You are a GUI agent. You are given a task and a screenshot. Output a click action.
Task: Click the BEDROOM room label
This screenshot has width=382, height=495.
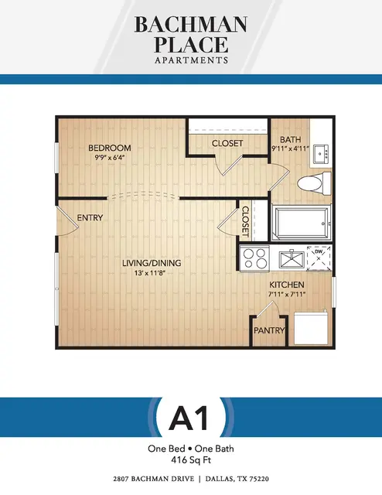pos(110,148)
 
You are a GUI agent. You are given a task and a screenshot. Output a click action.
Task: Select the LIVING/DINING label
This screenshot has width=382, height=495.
pos(152,263)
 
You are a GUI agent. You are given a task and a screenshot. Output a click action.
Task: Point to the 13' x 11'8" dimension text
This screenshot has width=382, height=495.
pos(150,273)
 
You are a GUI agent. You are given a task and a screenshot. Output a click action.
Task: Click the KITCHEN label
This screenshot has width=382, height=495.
pos(287,285)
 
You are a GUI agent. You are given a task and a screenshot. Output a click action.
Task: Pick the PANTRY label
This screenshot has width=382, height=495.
pos(269,330)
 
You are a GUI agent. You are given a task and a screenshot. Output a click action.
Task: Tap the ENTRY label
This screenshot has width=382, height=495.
pos(90,217)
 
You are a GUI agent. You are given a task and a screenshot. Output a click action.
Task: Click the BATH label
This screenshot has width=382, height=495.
pos(291,139)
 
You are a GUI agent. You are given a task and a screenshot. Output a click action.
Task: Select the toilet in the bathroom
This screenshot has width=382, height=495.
pos(314,183)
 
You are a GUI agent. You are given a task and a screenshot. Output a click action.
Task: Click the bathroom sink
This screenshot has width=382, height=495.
pos(321,154)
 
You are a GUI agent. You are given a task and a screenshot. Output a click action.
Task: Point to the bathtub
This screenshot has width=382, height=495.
pos(302,223)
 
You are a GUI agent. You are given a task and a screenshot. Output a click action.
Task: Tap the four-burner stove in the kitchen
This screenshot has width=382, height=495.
pos(254,258)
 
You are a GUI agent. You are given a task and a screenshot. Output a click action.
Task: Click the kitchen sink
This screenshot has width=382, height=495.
pos(292,259)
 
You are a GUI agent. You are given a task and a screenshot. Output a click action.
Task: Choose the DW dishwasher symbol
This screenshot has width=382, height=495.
pos(319,258)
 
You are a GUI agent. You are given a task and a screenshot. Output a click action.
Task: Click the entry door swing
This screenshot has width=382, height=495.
pos(67,221)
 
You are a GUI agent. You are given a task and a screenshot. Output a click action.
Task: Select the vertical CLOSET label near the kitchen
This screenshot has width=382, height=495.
pos(245,222)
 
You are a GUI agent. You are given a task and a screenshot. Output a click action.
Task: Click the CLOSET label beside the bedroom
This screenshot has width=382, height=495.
pos(227,143)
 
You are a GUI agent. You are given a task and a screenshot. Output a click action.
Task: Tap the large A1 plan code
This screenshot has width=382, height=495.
pos(189,418)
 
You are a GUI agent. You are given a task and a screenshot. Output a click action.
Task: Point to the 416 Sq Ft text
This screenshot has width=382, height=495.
pos(191,460)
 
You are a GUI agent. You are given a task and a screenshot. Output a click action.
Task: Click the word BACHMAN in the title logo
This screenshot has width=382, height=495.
pos(191,24)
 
